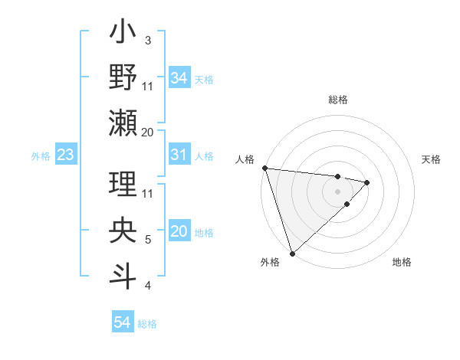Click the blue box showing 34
click(x=179, y=78)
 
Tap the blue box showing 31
click(x=179, y=155)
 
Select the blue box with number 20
click(x=179, y=231)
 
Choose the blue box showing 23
click(x=66, y=155)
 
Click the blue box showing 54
click(x=122, y=322)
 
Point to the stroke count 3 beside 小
click(x=147, y=40)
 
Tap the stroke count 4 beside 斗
click(x=147, y=286)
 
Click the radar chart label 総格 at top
click(x=337, y=100)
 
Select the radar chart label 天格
click(x=432, y=159)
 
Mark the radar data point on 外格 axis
click(x=291, y=252)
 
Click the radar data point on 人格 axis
click(x=264, y=168)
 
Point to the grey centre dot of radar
click(x=337, y=191)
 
